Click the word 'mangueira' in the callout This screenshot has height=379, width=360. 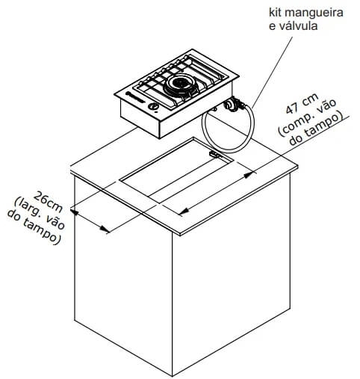pyautogui.click(x=314, y=13)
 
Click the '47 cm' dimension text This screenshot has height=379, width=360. pyautogui.click(x=302, y=104)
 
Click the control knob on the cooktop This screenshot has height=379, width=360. pyautogui.click(x=153, y=107)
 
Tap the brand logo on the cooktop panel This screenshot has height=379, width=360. pyautogui.click(x=136, y=97)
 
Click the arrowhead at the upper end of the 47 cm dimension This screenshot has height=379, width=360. pyautogui.click(x=247, y=175)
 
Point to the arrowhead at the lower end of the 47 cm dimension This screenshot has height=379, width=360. pyautogui.click(x=184, y=212)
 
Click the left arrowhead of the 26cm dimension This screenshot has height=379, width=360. pyautogui.click(x=75, y=212)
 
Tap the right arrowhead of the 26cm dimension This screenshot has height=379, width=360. pyautogui.click(x=105, y=229)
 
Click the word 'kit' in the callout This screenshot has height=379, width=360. pyautogui.click(x=276, y=13)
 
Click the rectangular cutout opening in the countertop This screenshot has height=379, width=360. pyautogui.click(x=176, y=171)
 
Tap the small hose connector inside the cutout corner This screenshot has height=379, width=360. pyautogui.click(x=214, y=155)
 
